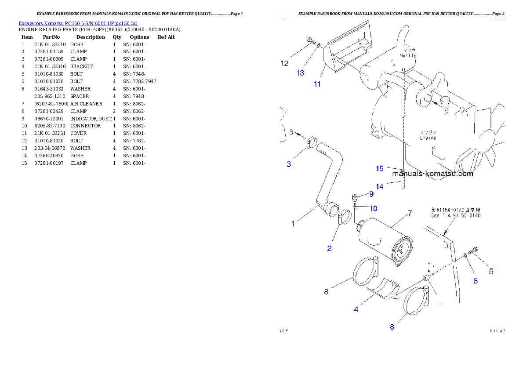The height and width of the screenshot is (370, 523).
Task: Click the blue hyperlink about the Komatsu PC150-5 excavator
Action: pyautogui.click(x=78, y=23)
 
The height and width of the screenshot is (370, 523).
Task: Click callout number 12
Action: pyautogui.click(x=285, y=63)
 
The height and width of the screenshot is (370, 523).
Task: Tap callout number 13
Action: pyautogui.click(x=300, y=73)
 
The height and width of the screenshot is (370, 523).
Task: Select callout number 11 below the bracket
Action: pyautogui.click(x=317, y=83)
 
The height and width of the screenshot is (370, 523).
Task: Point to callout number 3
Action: pyautogui.click(x=289, y=164)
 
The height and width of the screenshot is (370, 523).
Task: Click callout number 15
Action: pyautogui.click(x=380, y=169)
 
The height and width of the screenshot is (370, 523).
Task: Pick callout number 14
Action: pyautogui.click(x=379, y=187)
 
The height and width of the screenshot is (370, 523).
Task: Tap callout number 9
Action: pyautogui.click(x=371, y=194)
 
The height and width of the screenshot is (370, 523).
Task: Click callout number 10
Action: pyautogui.click(x=373, y=208)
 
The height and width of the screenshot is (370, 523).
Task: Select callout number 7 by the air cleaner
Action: pyautogui.click(x=409, y=214)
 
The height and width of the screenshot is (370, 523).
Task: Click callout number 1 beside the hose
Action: pyautogui.click(x=293, y=224)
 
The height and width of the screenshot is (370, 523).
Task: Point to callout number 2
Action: pyautogui.click(x=329, y=248)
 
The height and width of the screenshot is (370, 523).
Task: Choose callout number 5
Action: pyautogui.click(x=491, y=272)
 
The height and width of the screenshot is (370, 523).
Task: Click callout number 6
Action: pyautogui.click(x=476, y=281)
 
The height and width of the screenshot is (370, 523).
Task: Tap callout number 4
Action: pyautogui.click(x=356, y=309)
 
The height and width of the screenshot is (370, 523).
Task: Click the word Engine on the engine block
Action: pyautogui.click(x=427, y=138)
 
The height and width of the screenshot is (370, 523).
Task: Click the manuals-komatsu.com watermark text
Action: pyautogui.click(x=433, y=174)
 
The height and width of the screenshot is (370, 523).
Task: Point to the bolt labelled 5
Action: pyautogui.click(x=472, y=251)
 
